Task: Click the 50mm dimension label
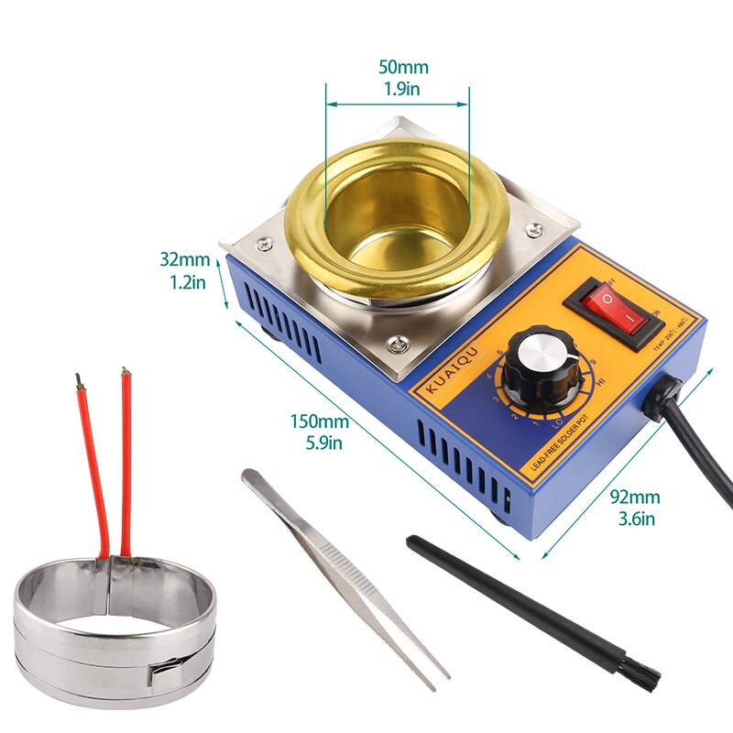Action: click(403, 67)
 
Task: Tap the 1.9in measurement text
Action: click(403, 89)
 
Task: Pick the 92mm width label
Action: click(635, 498)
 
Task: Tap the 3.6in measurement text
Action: click(635, 520)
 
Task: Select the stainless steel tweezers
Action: click(344, 577)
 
